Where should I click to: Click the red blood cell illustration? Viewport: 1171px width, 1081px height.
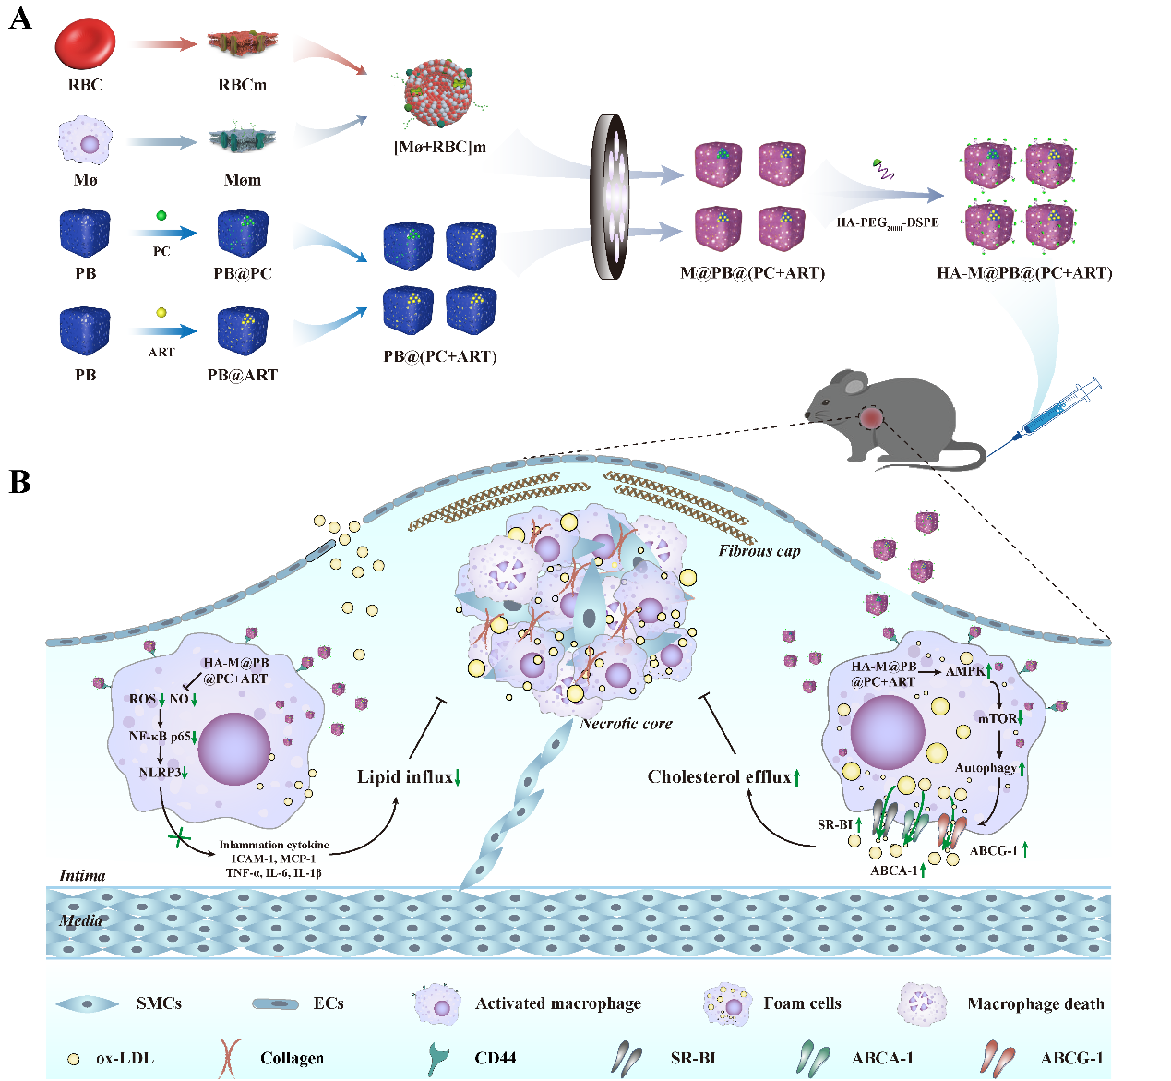85,44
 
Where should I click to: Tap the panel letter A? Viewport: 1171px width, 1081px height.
19,18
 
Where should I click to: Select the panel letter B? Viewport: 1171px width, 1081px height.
19,482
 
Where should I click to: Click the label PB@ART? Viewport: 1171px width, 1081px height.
242,375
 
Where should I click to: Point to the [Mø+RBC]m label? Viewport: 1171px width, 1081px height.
440,147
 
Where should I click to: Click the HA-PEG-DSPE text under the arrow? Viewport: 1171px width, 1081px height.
888,222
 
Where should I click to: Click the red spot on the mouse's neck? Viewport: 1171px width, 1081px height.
871,418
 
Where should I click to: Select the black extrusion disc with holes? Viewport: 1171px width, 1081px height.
613,197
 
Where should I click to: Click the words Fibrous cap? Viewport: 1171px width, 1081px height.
759,551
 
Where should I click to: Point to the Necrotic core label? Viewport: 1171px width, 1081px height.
627,724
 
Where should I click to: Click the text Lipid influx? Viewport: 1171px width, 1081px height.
404,776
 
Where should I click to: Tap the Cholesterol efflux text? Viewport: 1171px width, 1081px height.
719,776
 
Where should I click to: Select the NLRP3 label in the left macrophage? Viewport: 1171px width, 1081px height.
160,772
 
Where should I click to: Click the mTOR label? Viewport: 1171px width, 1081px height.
997,718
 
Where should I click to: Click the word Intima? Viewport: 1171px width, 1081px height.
82,875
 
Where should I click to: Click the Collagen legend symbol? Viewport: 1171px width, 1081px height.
229,1058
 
